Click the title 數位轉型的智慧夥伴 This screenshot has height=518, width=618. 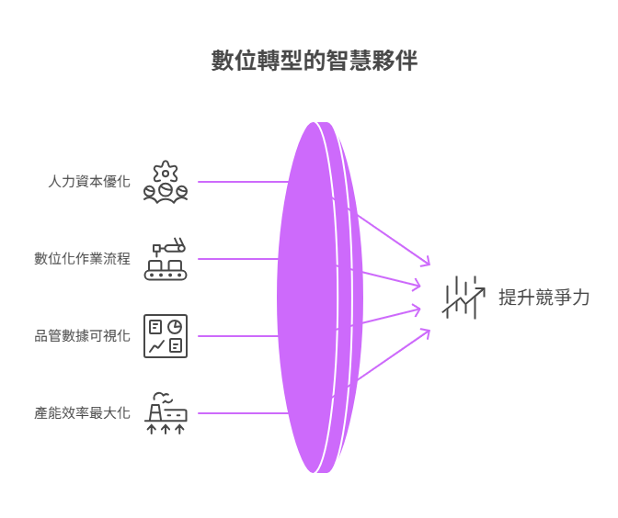pyautogui.click(x=315, y=62)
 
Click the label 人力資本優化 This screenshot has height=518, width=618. pyautogui.click(x=89, y=182)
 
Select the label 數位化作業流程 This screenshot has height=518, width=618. pyautogui.click(x=82, y=259)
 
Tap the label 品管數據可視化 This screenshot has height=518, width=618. pyautogui.click(x=82, y=336)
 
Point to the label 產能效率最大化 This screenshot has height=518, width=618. pyautogui.click(x=82, y=413)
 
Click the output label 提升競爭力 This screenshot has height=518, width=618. pyautogui.click(x=544, y=298)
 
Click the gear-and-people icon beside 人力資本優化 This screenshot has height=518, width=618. pyautogui.click(x=166, y=182)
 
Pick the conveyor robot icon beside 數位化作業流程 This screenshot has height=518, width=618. pyautogui.click(x=166, y=259)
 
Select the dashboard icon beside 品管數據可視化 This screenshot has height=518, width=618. pyautogui.click(x=166, y=336)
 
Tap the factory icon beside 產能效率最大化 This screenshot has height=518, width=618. pyautogui.click(x=166, y=413)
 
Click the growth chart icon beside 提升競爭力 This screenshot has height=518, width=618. pyautogui.click(x=463, y=298)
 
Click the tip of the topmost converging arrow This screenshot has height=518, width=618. pyautogui.click(x=429, y=265)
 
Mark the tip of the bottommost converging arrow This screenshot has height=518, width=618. pyautogui.click(x=429, y=331)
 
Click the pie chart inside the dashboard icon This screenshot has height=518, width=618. pyautogui.click(x=175, y=326)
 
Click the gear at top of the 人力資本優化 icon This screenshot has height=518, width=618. pyautogui.click(x=166, y=170)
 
